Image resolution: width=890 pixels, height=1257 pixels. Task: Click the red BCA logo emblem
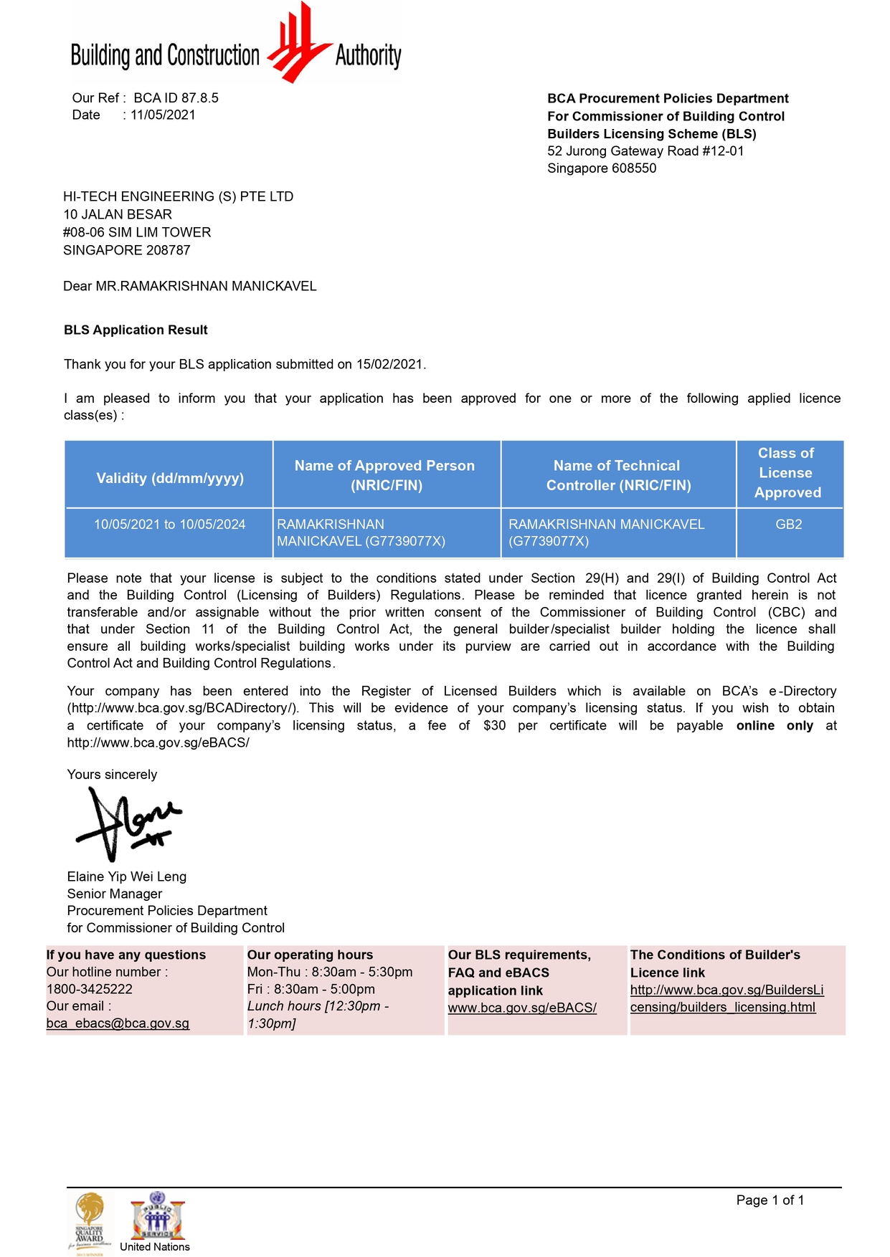click(x=298, y=44)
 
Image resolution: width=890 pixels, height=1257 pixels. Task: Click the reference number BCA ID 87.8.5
click(x=176, y=98)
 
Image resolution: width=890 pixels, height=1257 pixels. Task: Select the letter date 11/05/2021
click(x=163, y=115)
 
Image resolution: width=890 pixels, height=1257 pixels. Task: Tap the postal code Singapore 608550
click(x=601, y=168)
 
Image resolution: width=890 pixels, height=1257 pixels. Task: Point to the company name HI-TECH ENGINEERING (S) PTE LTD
click(x=178, y=196)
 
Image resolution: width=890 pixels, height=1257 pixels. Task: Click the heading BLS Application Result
click(x=136, y=330)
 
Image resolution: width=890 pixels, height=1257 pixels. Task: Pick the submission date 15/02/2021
click(x=390, y=364)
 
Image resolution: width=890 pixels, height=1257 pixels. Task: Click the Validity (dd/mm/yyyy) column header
click(x=170, y=478)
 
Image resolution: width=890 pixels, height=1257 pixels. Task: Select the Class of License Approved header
click(x=787, y=473)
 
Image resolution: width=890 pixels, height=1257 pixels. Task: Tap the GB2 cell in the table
click(x=788, y=525)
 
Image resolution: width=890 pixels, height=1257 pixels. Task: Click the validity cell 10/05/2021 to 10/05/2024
click(x=169, y=525)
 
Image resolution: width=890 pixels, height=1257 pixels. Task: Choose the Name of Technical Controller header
click(x=617, y=475)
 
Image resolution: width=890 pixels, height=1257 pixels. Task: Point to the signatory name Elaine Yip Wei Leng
click(x=127, y=876)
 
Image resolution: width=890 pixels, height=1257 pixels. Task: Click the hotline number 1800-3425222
click(x=89, y=989)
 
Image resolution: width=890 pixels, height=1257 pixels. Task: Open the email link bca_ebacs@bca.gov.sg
click(x=118, y=1023)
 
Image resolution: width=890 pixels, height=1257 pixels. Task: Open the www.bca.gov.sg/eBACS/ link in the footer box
click(x=522, y=1008)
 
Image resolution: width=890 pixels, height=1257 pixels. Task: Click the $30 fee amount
click(x=494, y=725)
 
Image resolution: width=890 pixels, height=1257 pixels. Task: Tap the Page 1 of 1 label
click(x=770, y=1200)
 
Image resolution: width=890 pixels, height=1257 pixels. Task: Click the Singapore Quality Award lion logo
click(x=90, y=1218)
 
